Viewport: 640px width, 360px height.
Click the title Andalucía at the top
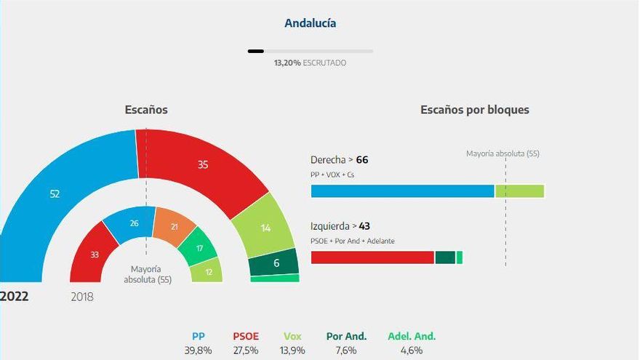pos(310,23)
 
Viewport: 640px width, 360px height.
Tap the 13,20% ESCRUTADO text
pos(310,63)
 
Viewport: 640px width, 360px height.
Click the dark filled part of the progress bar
pos(255,51)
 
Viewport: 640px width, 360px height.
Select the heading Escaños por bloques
pos(474,110)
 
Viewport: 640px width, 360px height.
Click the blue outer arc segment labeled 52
pos(55,193)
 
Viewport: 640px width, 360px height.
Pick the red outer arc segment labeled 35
pos(202,165)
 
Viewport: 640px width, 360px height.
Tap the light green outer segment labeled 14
pos(265,228)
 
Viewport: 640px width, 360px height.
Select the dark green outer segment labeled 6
pos(276,263)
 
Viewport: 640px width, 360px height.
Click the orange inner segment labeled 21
pos(173,227)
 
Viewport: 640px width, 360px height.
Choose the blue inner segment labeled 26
pos(132,223)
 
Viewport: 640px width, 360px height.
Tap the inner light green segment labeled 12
pos(207,271)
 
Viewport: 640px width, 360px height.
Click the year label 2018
pos(82,297)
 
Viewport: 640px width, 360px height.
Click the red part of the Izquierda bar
pos(372,257)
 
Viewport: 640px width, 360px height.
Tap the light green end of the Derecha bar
pos(519,191)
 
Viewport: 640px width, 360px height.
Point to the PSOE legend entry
pos(246,336)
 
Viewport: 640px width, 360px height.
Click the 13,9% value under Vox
pos(292,350)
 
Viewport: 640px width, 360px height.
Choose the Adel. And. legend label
pos(411,336)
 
